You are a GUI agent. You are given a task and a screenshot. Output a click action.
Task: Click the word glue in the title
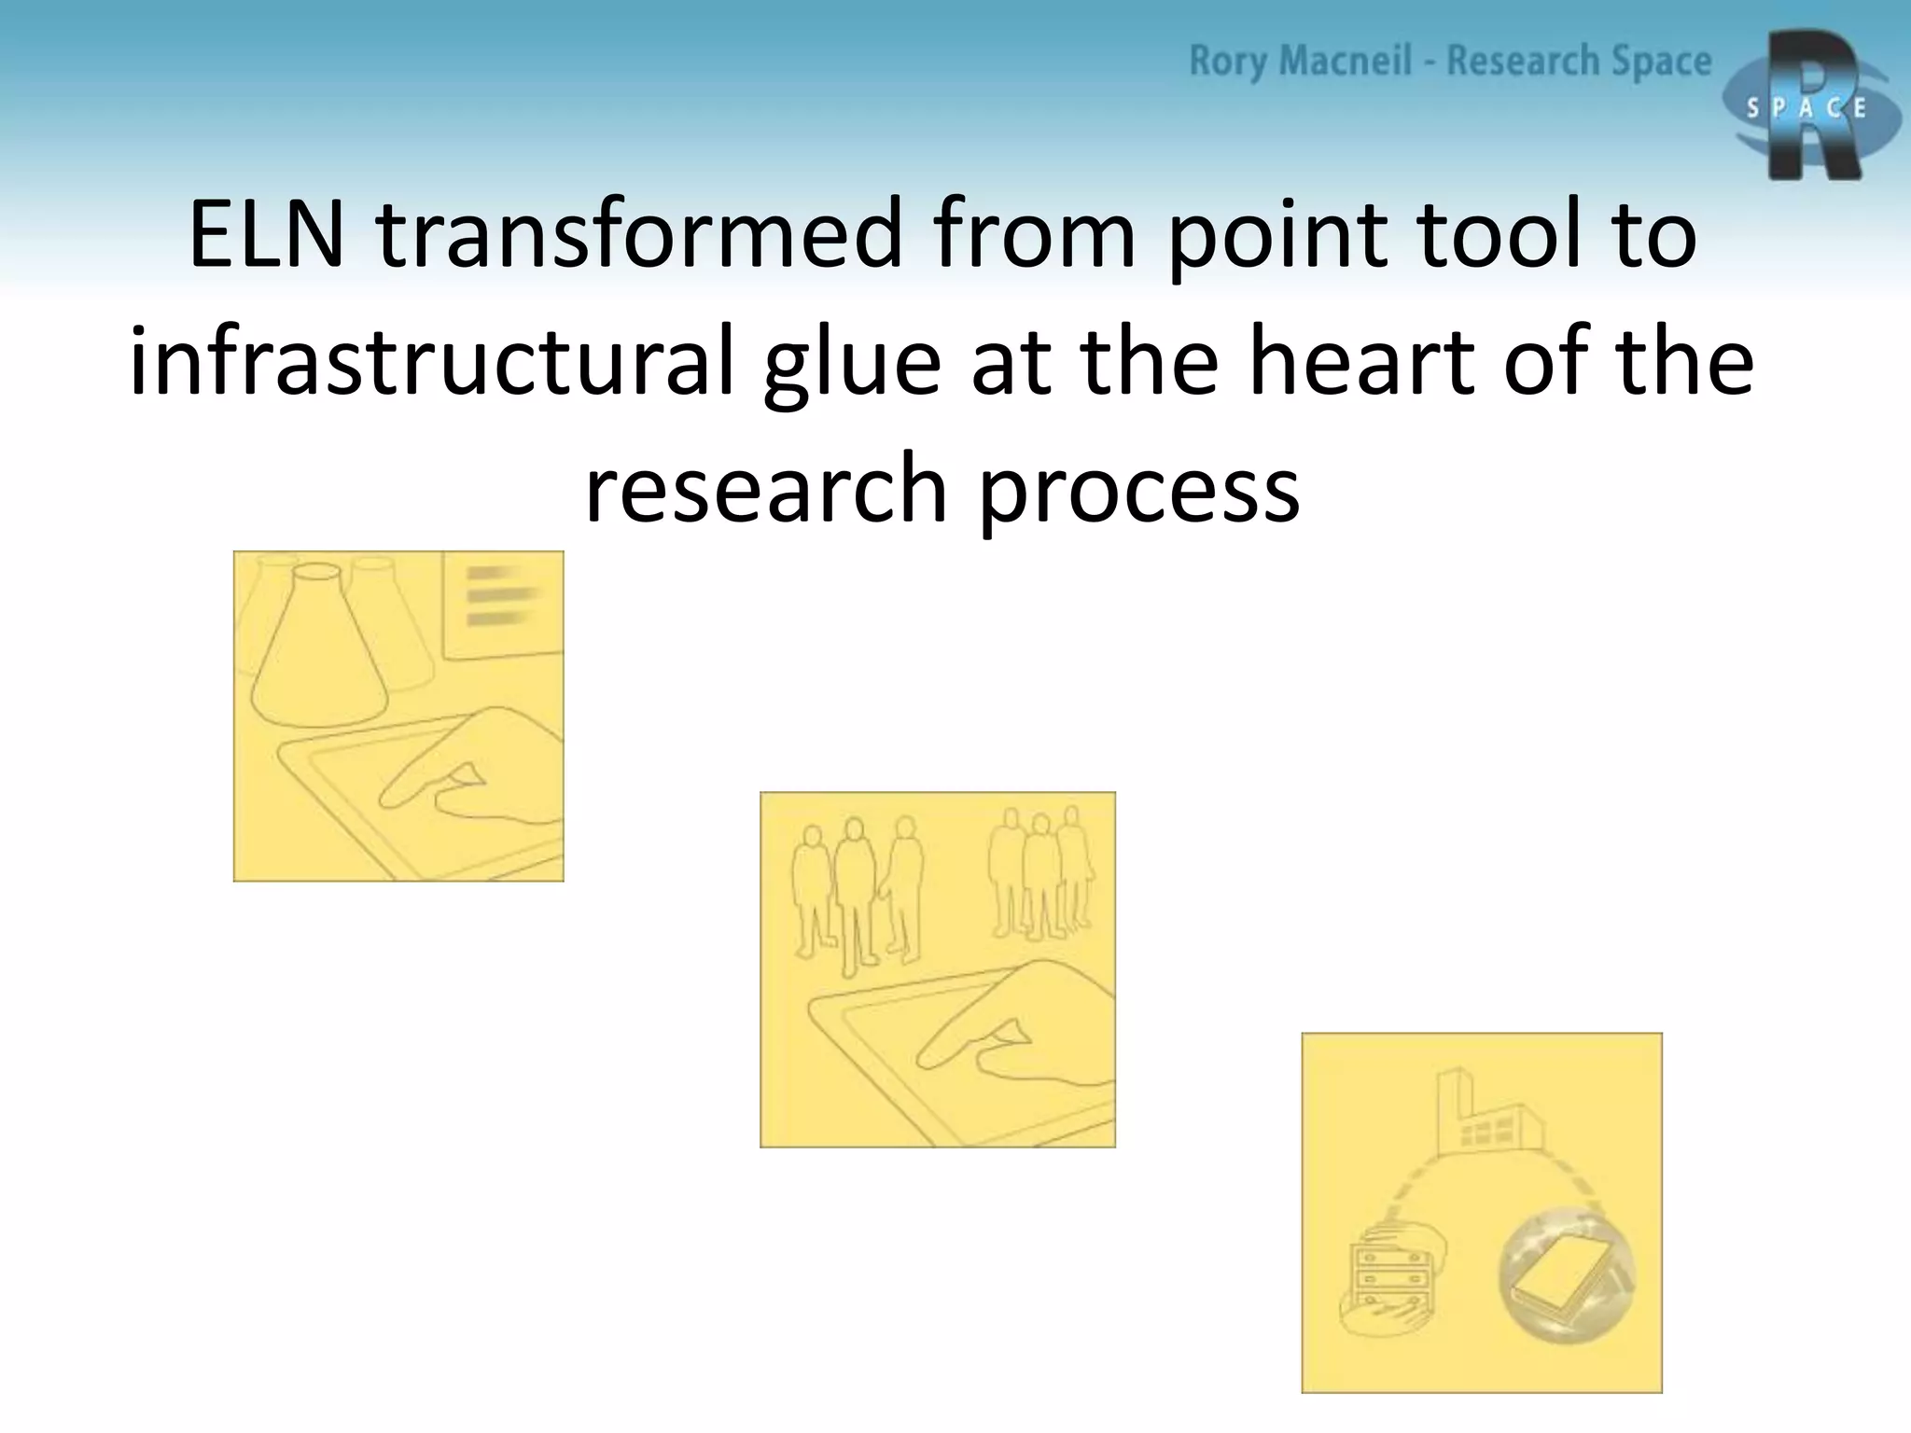coord(852,364)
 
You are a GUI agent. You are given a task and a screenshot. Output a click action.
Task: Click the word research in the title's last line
coord(765,490)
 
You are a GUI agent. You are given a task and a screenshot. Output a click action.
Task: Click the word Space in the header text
coord(1661,62)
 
